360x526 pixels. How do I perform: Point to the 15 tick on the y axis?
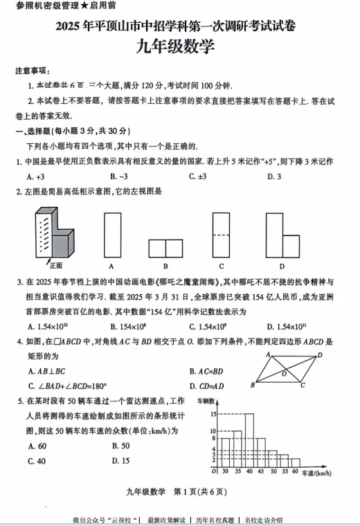pos(214,414)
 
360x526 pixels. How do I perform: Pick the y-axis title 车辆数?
pos(206,401)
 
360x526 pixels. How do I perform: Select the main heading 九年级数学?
pos(179,48)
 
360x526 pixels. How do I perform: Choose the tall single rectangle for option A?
pos(111,235)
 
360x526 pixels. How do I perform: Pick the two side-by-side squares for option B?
pos(165,248)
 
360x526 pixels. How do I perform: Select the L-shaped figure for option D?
pos(280,235)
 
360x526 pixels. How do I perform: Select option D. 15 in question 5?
pos(120,460)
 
